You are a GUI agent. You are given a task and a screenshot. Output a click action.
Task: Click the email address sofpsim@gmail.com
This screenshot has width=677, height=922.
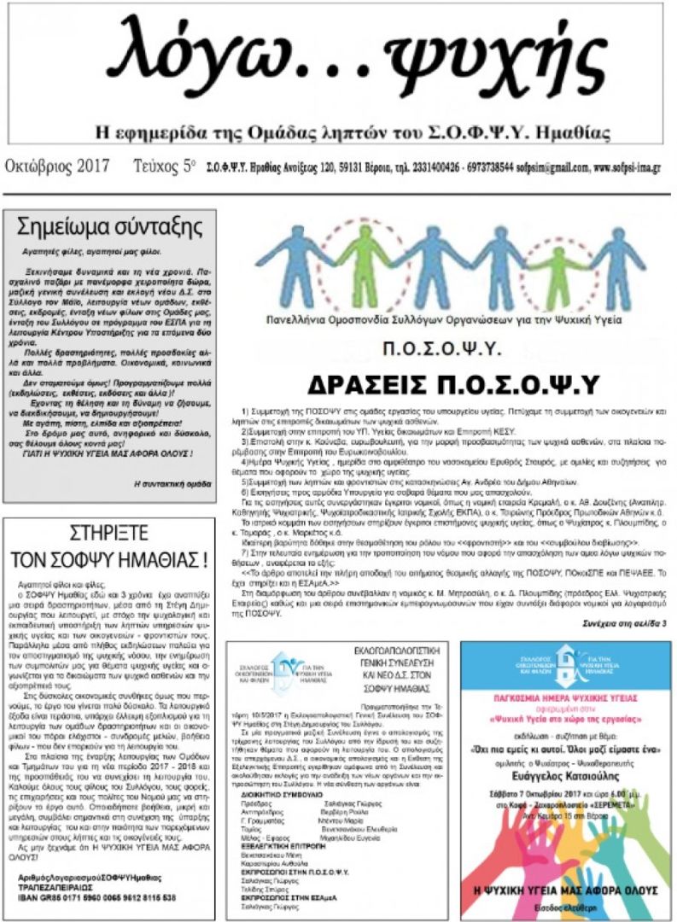point(552,167)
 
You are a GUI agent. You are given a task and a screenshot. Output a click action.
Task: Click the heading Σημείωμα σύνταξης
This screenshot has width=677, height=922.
point(111,228)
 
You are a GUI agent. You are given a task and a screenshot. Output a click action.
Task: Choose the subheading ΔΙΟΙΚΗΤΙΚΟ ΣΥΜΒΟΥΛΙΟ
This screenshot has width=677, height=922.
point(285,793)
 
